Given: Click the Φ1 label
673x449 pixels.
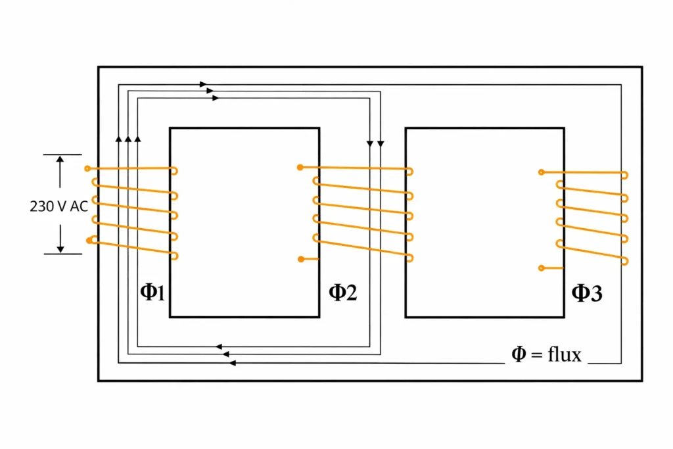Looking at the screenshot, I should pos(152,293).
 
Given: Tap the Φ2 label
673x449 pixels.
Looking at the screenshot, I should pos(342,293).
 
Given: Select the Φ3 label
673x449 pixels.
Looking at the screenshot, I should pos(586,293).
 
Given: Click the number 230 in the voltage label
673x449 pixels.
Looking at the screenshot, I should pos(41,206).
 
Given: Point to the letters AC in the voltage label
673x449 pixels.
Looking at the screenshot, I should pos(78,206).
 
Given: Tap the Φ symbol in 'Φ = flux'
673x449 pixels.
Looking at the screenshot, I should pos(519,355).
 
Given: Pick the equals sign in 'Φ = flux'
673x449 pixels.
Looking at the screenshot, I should pos(536,356).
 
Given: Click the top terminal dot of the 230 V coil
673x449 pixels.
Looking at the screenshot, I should pos(87,169).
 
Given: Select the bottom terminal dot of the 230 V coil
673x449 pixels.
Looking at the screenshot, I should pos(89,241).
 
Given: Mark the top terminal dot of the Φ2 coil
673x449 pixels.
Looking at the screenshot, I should pos(300,167).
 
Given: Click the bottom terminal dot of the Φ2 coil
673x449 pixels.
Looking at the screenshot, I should pos(300,259).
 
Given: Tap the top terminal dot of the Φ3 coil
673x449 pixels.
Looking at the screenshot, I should pos(541,172).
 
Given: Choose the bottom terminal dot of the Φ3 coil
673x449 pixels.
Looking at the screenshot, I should pos(541,268).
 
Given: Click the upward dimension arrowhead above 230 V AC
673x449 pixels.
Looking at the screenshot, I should pos(60,160).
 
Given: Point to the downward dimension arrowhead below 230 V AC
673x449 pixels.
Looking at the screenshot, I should pos(60,248).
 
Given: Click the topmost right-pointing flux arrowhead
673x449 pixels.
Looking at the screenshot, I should pos(204,84).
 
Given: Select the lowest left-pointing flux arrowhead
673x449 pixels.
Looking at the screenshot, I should pos(233,363).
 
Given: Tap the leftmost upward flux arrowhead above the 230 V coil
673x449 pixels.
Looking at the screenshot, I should pos(118,139).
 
